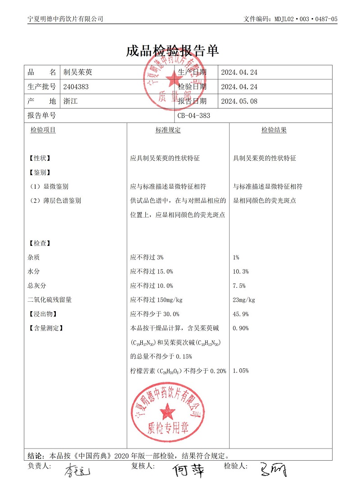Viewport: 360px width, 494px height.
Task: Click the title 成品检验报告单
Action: coord(172,50)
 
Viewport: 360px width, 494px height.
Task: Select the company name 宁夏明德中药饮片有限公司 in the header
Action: coord(65,19)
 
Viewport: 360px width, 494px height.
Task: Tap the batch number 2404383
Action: coord(76,87)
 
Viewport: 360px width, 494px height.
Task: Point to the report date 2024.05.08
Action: coord(239,101)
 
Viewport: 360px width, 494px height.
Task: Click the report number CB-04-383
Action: coord(193,116)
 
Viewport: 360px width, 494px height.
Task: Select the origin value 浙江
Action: coord(71,101)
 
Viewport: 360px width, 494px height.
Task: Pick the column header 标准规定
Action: coord(168,130)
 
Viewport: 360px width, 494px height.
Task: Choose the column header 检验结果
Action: coord(274,130)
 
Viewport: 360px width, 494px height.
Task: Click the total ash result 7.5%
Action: coord(239,286)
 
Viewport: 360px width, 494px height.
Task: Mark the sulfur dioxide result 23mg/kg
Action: coord(244,300)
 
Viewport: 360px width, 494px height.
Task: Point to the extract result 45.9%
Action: coord(241,314)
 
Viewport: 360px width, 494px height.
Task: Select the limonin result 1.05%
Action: coord(241,371)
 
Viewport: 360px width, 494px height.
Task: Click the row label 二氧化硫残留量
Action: coord(49,300)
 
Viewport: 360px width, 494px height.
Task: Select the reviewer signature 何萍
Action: coord(189,471)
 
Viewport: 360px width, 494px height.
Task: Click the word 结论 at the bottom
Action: coord(35,455)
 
